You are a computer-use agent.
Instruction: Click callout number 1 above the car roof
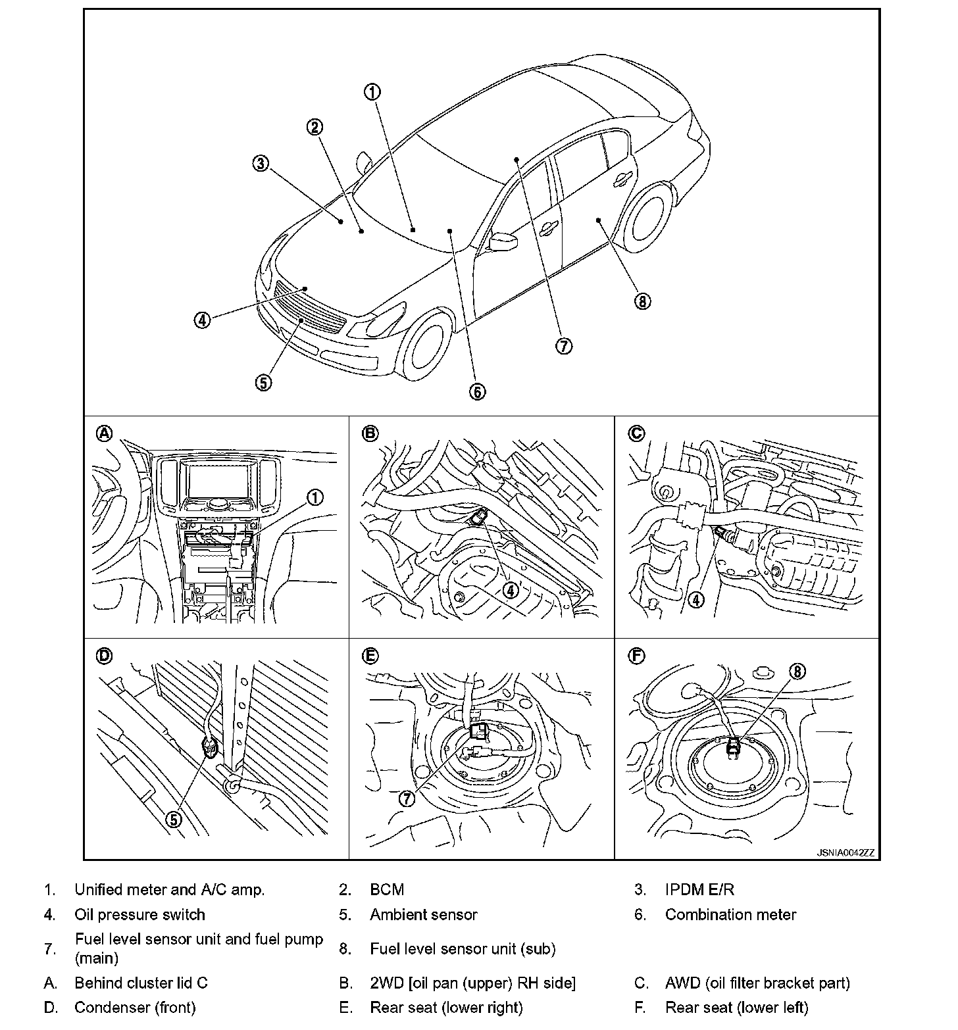coord(372,92)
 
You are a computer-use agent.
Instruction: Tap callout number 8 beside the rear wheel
coord(642,301)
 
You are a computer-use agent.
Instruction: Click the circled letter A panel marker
coord(105,433)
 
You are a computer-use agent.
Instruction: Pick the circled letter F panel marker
coord(637,656)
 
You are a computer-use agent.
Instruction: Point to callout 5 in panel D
coord(173,819)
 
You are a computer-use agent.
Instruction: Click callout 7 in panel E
coord(407,798)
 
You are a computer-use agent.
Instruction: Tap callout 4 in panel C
coord(695,599)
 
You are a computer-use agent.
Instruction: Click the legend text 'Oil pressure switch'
coord(139,915)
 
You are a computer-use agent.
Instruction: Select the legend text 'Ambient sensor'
coord(423,915)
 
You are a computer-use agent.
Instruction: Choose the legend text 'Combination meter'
coord(730,915)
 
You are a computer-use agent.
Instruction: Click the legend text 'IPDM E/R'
coord(699,890)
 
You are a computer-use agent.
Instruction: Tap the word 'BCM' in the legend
coord(387,890)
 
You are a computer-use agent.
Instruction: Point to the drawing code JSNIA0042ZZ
coord(845,852)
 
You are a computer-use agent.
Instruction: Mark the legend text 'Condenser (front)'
coord(135,1007)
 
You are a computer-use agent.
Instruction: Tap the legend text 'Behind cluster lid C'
coord(141,983)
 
